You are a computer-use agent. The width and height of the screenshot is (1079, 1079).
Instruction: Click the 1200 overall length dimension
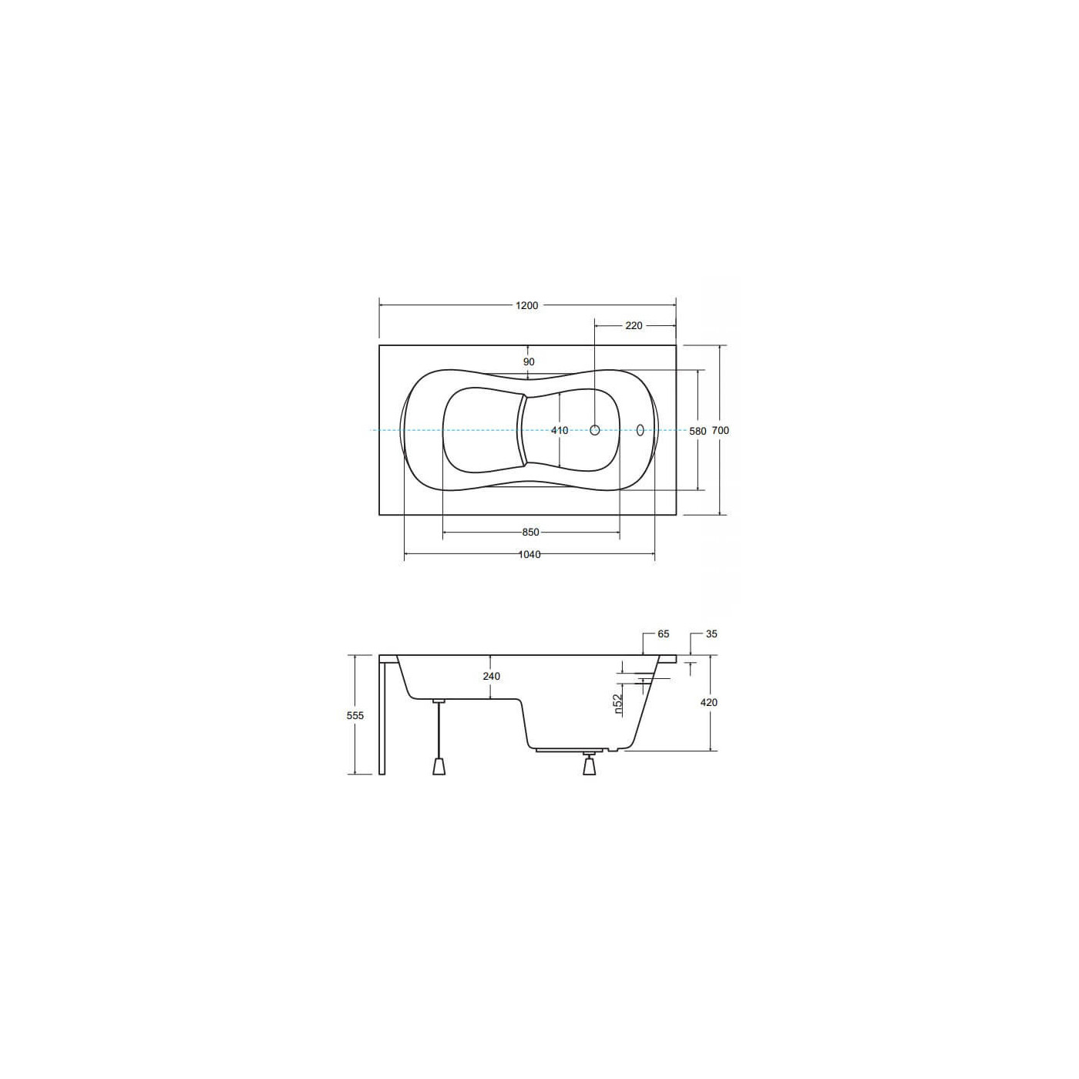[x=527, y=306]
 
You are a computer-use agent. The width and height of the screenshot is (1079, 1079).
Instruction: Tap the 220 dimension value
[x=634, y=326]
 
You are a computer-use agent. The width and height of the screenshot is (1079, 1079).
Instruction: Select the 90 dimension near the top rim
[x=529, y=362]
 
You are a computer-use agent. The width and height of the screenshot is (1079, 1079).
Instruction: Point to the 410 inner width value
[x=560, y=431]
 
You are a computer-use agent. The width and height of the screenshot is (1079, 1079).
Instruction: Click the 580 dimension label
[x=697, y=431]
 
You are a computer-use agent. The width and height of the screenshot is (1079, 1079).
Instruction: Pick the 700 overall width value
[x=721, y=431]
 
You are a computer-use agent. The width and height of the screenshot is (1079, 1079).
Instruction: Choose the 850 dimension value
[x=530, y=533]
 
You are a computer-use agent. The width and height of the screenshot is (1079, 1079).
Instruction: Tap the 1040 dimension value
[x=529, y=555]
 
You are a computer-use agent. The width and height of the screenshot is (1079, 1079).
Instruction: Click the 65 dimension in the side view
[x=664, y=634]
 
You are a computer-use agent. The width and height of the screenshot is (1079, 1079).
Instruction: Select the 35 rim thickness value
[x=711, y=634]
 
